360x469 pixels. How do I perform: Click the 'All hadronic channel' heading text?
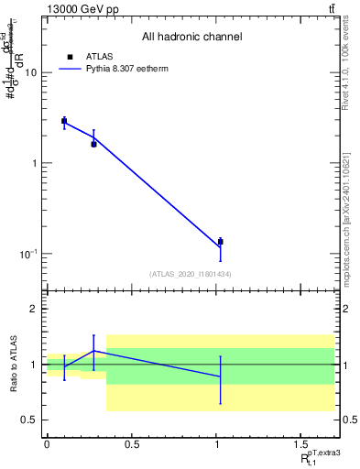tap(191, 38)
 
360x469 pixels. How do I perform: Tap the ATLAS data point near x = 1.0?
tap(220, 242)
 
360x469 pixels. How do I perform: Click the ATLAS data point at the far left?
tap(64, 121)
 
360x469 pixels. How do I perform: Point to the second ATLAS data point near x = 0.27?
tap(93, 144)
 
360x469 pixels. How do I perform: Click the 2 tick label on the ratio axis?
tap(35, 310)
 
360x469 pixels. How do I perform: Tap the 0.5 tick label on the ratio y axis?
tap(29, 420)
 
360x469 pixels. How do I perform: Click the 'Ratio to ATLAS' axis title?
tap(12, 365)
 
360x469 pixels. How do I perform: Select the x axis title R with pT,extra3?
tap(321, 457)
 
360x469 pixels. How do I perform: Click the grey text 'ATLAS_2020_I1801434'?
tap(191, 274)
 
